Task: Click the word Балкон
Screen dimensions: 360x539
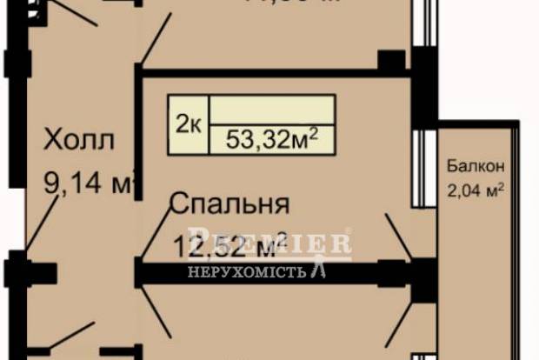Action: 475,164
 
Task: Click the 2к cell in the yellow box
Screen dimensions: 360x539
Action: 189,125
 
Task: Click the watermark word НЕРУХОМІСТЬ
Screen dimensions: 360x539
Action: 248,272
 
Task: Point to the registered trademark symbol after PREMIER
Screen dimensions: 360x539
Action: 349,233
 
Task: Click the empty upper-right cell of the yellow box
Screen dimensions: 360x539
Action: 271,108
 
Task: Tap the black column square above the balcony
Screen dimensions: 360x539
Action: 392,61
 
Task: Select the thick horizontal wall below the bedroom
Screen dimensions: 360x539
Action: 278,275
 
